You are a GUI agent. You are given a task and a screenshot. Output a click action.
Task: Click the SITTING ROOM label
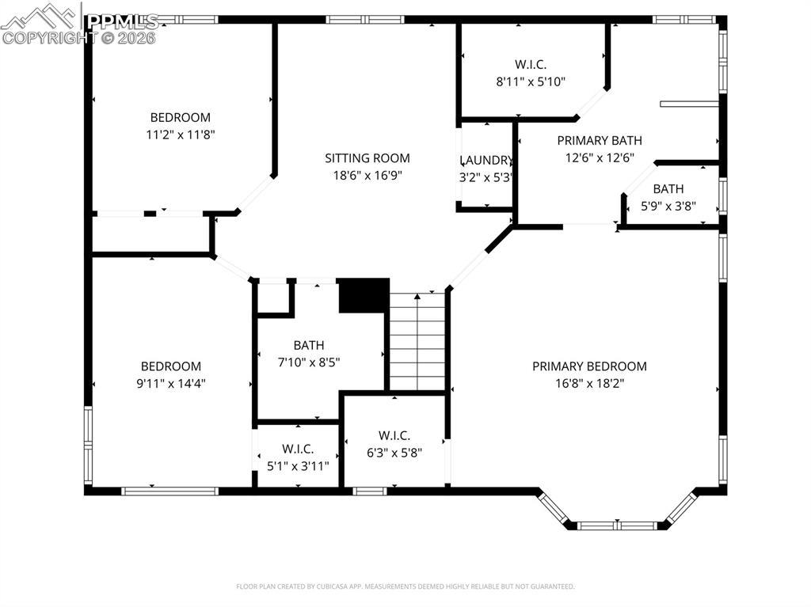click(x=367, y=158)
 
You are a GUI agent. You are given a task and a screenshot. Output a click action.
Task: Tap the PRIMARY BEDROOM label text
click(x=589, y=366)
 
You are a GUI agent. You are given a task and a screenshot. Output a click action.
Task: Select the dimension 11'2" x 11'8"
click(x=181, y=135)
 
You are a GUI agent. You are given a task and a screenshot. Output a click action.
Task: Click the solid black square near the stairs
click(x=364, y=295)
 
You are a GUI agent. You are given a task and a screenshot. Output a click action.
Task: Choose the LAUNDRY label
click(x=486, y=160)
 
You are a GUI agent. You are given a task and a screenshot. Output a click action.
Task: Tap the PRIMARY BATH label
click(x=599, y=141)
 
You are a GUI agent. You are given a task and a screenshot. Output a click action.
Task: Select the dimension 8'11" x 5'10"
click(x=530, y=81)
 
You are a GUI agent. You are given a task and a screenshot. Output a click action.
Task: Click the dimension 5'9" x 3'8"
click(x=668, y=206)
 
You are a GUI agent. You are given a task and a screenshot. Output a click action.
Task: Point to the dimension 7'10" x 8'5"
click(x=309, y=362)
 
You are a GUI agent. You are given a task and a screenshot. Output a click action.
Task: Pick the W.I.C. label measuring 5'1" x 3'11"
click(x=298, y=449)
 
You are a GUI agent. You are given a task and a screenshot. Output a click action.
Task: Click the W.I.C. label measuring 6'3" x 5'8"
click(x=394, y=435)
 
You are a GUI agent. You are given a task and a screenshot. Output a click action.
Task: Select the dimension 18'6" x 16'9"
click(x=367, y=175)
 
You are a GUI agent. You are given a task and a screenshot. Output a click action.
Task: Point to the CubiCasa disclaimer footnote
click(x=405, y=586)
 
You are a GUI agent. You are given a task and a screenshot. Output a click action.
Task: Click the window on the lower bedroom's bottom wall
click(x=169, y=491)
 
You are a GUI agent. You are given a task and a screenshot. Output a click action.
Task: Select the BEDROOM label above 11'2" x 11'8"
click(x=181, y=118)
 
